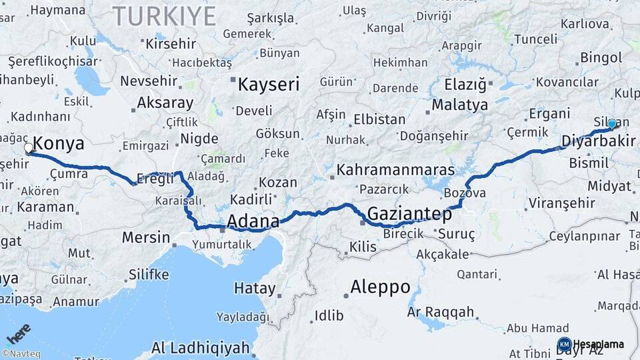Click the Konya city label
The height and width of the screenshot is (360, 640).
[x=59, y=143]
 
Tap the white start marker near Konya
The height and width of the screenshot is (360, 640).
[x=29, y=149]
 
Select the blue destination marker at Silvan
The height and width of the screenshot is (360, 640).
[x=612, y=123]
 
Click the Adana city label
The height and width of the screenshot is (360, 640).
[x=253, y=221]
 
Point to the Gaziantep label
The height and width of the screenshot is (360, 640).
[x=409, y=215]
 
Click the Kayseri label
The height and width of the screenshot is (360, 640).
[x=269, y=85]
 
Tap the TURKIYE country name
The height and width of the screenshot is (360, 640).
[x=164, y=16]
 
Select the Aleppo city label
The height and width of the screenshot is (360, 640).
[x=381, y=287]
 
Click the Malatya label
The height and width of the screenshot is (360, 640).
[x=459, y=105]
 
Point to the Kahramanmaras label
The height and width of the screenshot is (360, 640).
[x=395, y=170]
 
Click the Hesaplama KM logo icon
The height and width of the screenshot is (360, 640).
[x=564, y=344]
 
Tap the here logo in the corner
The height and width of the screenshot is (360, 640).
[x=19, y=333]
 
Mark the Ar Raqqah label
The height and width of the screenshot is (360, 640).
[x=440, y=312]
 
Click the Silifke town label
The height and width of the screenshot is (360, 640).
[x=149, y=274]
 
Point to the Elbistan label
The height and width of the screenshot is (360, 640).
[x=379, y=119]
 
